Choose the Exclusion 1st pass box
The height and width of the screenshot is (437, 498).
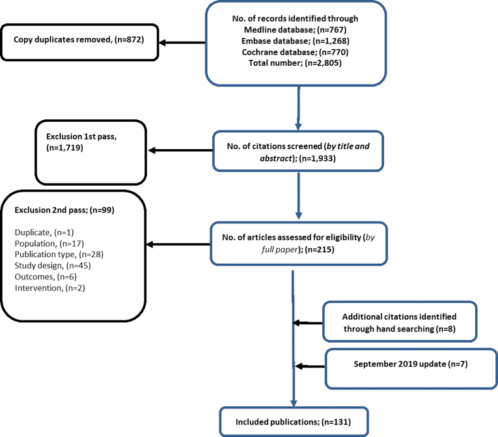[x=92, y=151]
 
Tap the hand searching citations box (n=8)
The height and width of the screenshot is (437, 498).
[x=399, y=322]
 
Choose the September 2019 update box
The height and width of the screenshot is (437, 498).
[x=399, y=367]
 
